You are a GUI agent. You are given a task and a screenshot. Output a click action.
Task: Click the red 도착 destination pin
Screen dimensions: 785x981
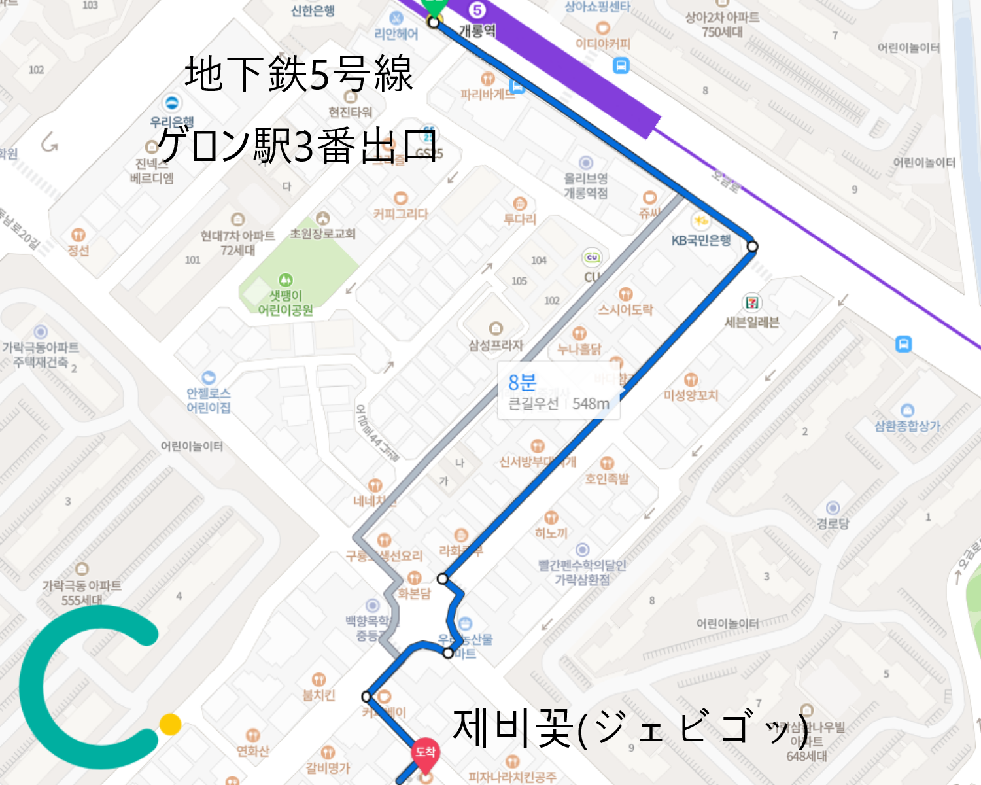click(425, 753)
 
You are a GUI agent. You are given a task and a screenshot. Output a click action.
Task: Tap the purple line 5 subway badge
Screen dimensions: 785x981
click(477, 10)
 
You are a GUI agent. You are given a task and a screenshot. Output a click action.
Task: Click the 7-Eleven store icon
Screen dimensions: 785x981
click(752, 303)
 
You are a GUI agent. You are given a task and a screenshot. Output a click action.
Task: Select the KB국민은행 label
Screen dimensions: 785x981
click(701, 241)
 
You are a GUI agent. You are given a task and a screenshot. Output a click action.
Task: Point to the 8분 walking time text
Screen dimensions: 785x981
click(522, 382)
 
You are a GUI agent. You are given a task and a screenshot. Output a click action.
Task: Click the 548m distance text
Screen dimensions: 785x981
click(591, 404)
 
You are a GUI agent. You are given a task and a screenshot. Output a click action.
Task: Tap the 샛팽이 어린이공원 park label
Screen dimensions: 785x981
click(286, 303)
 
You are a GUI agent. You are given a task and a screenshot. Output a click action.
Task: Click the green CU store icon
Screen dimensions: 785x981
click(592, 258)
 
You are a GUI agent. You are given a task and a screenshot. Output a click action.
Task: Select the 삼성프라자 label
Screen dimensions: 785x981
click(496, 345)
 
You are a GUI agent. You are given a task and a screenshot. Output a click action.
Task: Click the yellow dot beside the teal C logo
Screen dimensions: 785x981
click(170, 724)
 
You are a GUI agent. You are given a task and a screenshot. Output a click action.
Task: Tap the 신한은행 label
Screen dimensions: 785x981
click(313, 11)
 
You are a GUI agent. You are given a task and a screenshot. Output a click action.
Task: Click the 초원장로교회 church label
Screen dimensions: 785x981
click(322, 234)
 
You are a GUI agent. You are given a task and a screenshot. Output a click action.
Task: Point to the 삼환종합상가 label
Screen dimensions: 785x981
click(907, 426)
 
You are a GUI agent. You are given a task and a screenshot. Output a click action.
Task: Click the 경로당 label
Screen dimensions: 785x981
click(833, 523)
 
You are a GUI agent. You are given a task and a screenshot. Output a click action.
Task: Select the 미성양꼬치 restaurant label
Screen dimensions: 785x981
click(691, 395)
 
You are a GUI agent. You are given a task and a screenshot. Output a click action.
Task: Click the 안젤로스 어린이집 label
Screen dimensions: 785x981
click(209, 400)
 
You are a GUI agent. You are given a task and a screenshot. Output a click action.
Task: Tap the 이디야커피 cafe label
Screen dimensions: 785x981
click(603, 44)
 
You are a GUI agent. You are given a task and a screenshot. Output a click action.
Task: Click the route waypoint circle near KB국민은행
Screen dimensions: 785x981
click(752, 247)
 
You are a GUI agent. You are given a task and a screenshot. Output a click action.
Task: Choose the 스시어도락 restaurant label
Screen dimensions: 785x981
click(625, 309)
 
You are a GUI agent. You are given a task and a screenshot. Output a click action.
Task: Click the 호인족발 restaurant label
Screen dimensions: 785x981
click(607, 479)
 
